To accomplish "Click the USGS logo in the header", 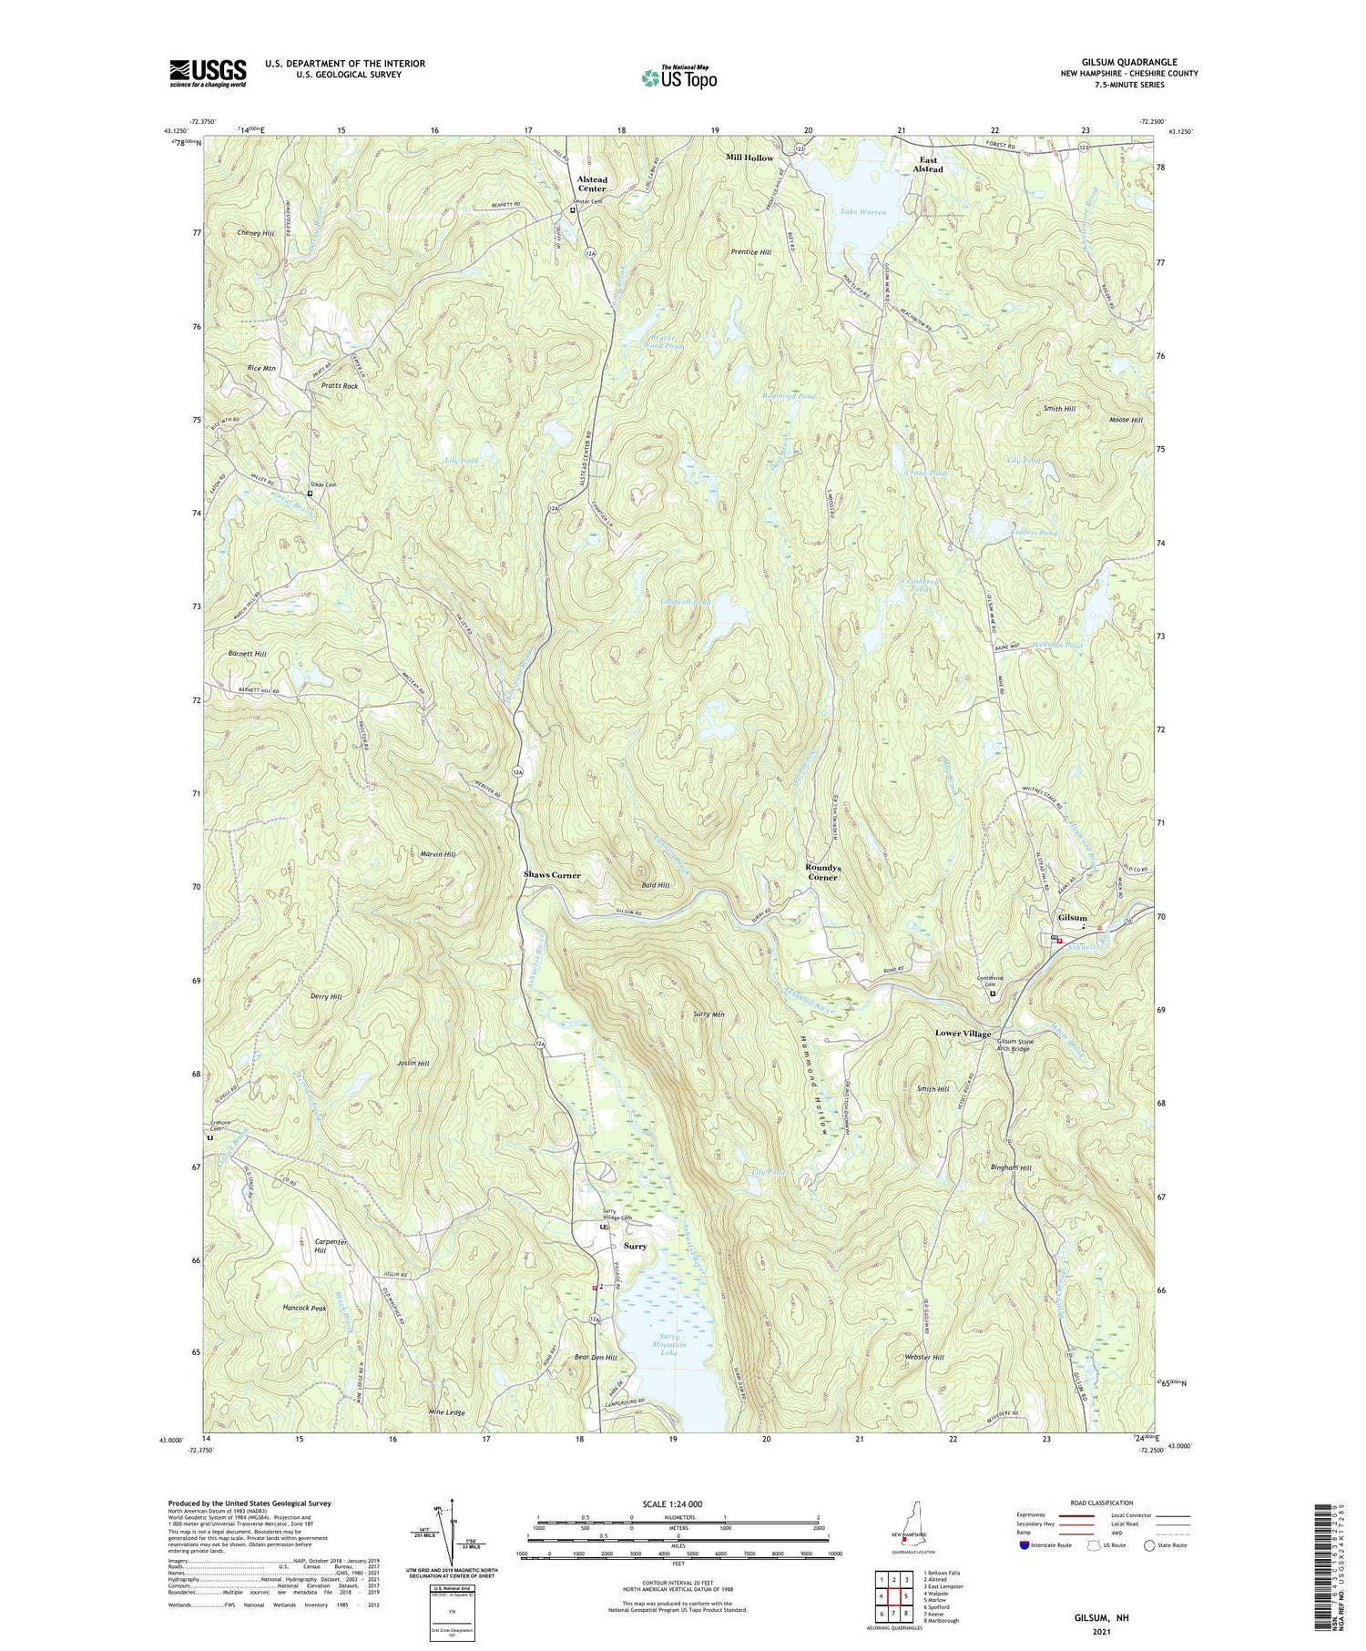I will tap(208, 73).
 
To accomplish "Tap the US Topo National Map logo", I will tap(679, 77).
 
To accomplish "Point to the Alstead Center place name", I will tap(592, 185).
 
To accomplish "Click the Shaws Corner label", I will tap(552, 874).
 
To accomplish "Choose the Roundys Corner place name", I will tap(821, 872).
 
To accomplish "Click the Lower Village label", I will tap(963, 1034).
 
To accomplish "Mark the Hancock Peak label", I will tap(304, 1308).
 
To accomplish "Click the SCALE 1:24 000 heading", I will tap(668, 1503).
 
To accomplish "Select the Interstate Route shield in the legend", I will tap(1024, 1545).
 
